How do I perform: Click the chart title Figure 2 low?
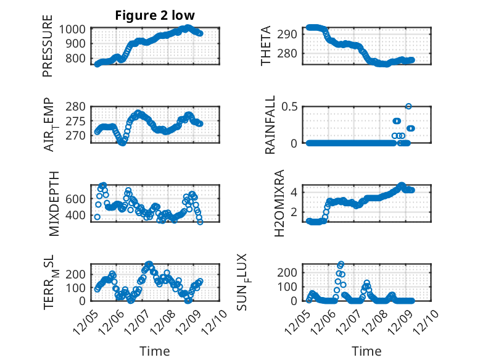[x=155, y=16]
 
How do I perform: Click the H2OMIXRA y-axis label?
[x=279, y=203]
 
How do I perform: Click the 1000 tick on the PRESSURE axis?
[x=74, y=29]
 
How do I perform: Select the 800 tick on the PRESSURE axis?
[x=77, y=59]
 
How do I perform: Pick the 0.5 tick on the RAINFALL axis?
[x=292, y=106]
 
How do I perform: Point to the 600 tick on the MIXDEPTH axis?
[x=77, y=198]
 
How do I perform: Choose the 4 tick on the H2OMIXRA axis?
[x=295, y=192]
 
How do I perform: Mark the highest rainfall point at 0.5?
[x=408, y=106]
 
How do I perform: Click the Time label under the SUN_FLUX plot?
[x=366, y=351]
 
